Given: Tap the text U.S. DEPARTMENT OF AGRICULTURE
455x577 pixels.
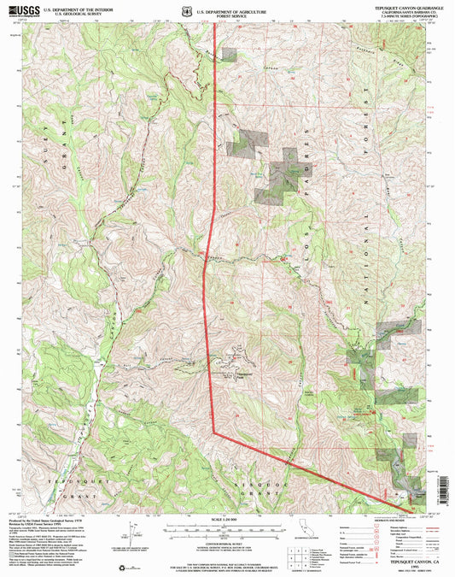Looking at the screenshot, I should [x=229, y=8].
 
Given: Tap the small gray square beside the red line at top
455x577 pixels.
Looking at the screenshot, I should [x=230, y=53].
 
